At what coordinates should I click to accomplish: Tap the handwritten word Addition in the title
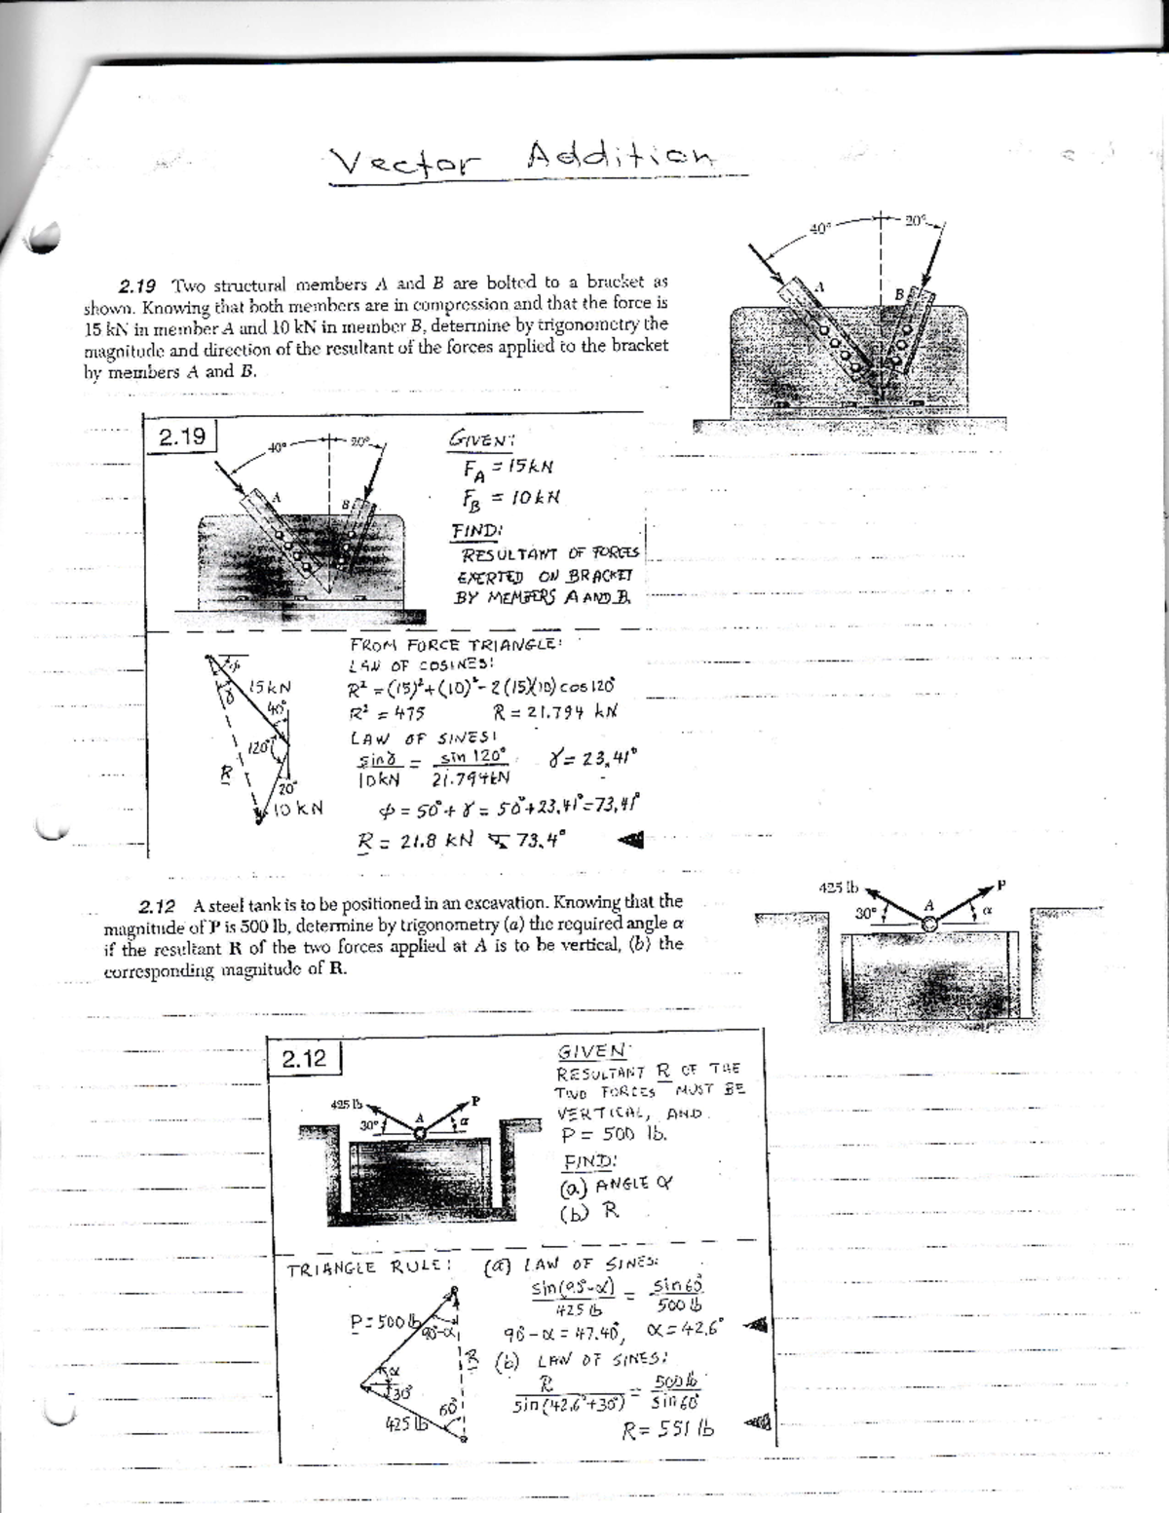(621, 156)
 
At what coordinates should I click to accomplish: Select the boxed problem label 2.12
(305, 1058)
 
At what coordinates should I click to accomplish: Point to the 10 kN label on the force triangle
(296, 808)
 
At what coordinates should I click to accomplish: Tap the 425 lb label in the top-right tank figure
(837, 888)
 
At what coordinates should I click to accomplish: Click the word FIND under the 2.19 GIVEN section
(474, 531)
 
